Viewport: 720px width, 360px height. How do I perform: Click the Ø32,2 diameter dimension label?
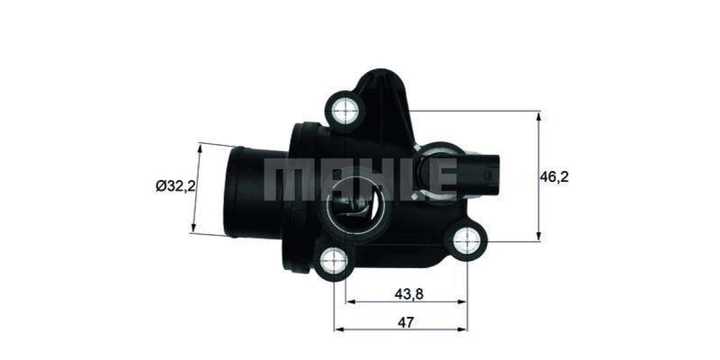pyautogui.click(x=175, y=186)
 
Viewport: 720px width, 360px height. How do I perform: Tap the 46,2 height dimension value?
pyautogui.click(x=554, y=177)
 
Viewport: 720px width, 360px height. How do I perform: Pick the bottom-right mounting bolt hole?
pyautogui.click(x=469, y=239)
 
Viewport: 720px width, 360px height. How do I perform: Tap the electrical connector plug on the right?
pyautogui.click(x=486, y=168)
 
